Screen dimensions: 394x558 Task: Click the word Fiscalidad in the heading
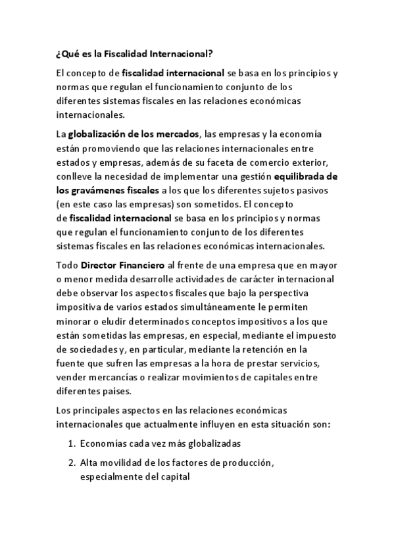[119, 53]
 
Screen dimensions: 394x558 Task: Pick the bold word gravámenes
[102, 190]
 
